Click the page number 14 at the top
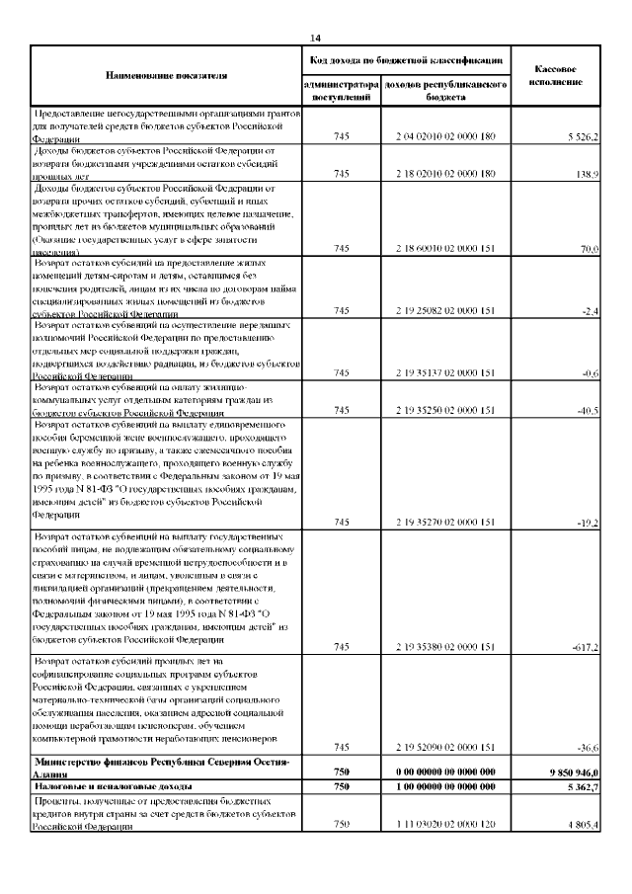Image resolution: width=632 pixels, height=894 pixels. click(x=316, y=38)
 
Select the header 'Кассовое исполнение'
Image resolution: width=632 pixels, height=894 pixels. click(x=556, y=75)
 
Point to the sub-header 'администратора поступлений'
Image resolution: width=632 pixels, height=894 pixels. click(x=340, y=92)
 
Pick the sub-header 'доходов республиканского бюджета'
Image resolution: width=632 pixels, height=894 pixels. click(x=446, y=92)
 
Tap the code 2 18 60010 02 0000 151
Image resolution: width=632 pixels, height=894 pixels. click(x=445, y=250)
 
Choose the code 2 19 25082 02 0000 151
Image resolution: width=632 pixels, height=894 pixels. click(x=445, y=311)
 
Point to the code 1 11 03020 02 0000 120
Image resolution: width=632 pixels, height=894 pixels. click(x=445, y=824)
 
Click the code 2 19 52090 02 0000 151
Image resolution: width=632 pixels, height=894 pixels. click(x=445, y=748)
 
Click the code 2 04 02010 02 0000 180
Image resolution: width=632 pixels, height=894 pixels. click(x=445, y=135)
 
